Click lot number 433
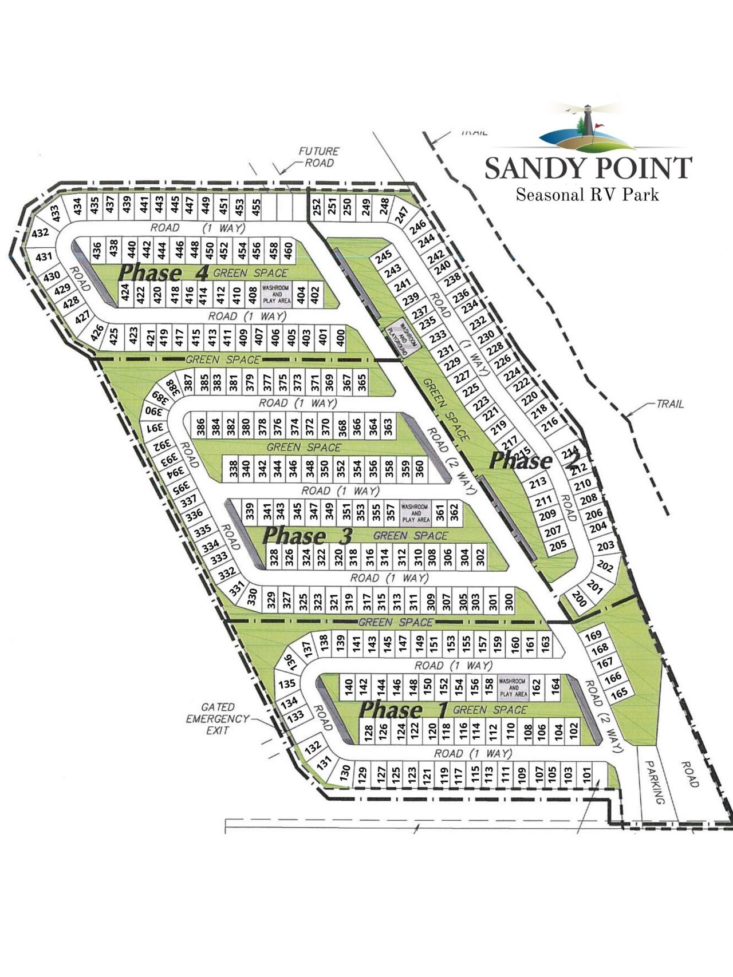pos(56,213)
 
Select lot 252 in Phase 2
pos(317,207)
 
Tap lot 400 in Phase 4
pos(341,337)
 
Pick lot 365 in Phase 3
pos(361,383)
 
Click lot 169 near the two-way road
pos(593,635)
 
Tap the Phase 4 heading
pos(164,273)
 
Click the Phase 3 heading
pos(307,536)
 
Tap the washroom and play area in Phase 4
pos(276,294)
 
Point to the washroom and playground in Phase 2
pos(405,339)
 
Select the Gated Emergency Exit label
pos(218,719)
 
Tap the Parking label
pos(654,782)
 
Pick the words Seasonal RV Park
pos(587,195)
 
